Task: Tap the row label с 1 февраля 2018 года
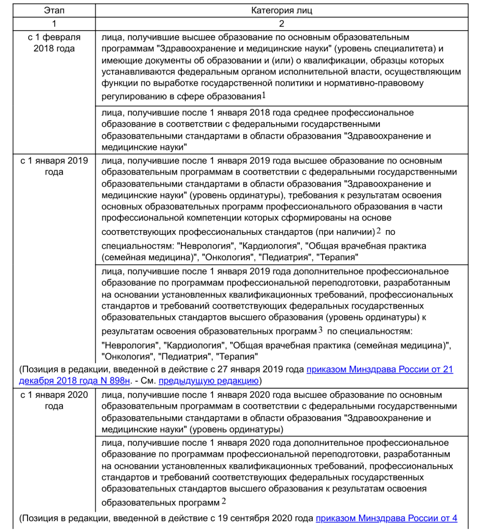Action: coord(54,43)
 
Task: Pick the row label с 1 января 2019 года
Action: coord(54,166)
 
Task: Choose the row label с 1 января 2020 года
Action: coord(54,400)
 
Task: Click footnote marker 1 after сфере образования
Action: coord(263,96)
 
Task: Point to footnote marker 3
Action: coord(321,330)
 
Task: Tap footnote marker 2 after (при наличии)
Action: coord(379,231)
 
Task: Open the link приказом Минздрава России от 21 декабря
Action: coord(380,369)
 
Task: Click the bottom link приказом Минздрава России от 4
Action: coord(386,518)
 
